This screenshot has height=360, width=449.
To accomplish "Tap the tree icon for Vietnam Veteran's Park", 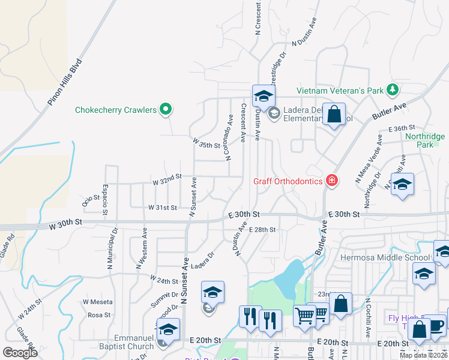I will tap(393, 90).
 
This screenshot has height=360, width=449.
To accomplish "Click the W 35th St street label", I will tap(206, 144).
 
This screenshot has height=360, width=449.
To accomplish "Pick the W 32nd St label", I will tap(167, 179).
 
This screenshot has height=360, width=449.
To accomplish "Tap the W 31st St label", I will tap(163, 208).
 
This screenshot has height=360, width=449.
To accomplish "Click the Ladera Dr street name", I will tap(203, 260).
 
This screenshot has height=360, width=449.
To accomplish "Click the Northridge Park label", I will tap(424, 140).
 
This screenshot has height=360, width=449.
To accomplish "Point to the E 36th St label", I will tap(402, 128).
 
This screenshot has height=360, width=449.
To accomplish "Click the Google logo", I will tap(20, 352).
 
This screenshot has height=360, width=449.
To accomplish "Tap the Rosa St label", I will tap(100, 314).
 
